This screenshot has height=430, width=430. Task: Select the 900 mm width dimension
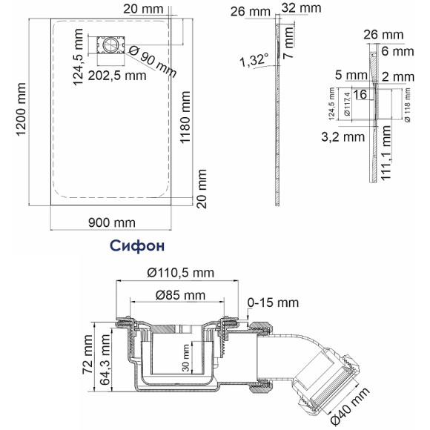(112, 222)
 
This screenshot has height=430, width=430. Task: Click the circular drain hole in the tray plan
(111, 45)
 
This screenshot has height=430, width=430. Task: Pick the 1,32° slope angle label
(254, 61)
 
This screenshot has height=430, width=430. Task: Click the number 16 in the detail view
(361, 94)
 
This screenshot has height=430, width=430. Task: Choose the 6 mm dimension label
(398, 50)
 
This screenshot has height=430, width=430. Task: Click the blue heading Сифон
(136, 244)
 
